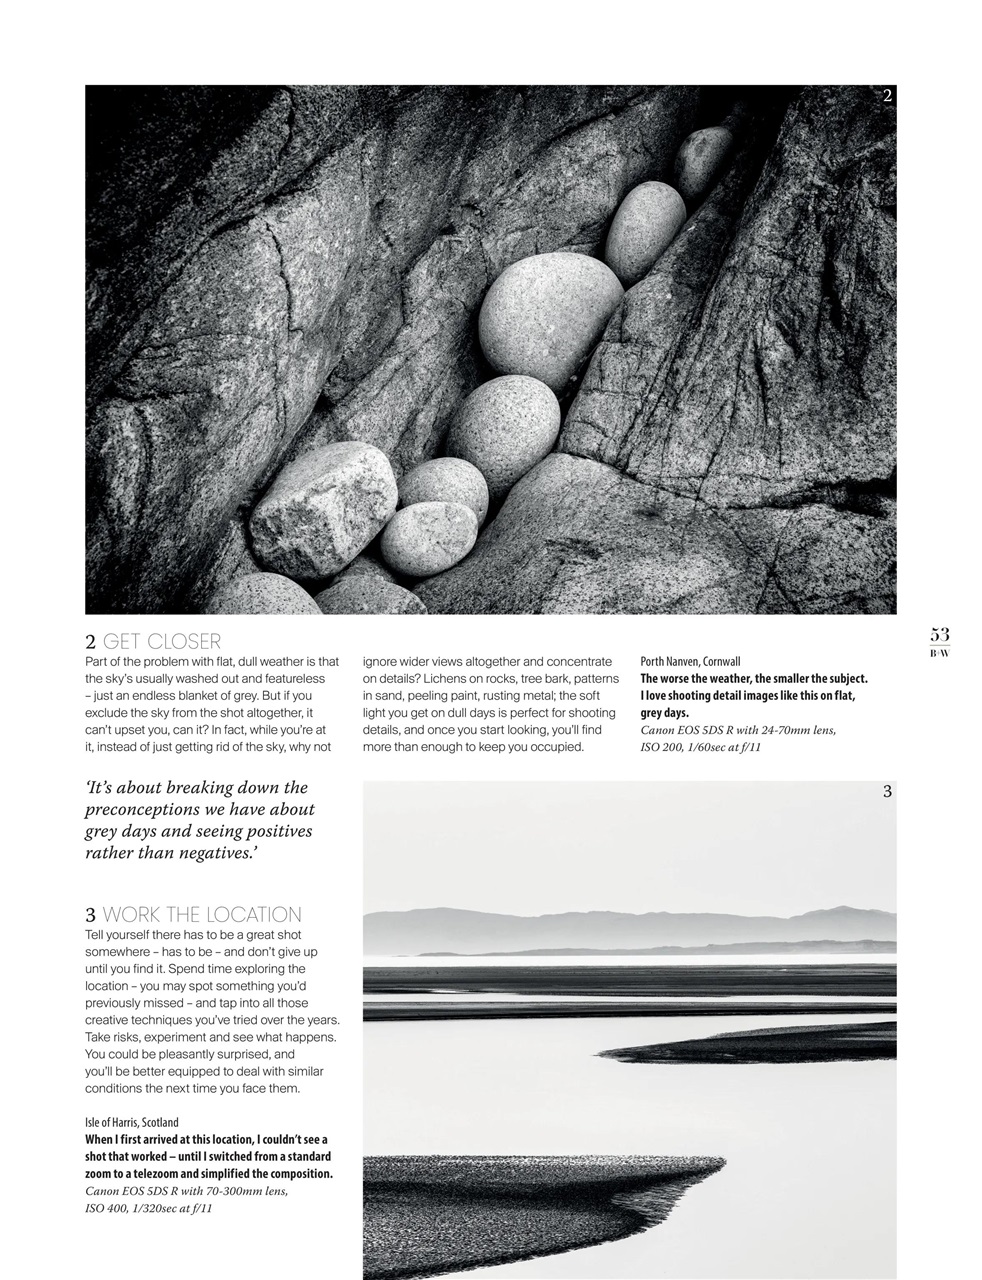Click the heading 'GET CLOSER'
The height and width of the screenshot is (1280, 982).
[x=162, y=642]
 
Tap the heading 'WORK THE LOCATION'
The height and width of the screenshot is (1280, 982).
[x=201, y=915]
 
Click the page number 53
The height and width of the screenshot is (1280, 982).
[x=939, y=635]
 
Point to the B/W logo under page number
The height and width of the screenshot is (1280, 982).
[x=939, y=653]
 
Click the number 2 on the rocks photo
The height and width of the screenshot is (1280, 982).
[x=887, y=96]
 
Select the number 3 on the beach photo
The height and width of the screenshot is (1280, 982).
[x=887, y=792]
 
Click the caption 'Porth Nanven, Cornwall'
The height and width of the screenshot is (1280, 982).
[x=690, y=662]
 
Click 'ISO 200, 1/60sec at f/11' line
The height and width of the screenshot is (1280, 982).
[x=701, y=747]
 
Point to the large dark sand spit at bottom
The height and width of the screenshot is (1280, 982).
[x=520, y=1200]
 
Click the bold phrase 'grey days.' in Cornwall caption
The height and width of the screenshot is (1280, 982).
[x=665, y=714]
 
